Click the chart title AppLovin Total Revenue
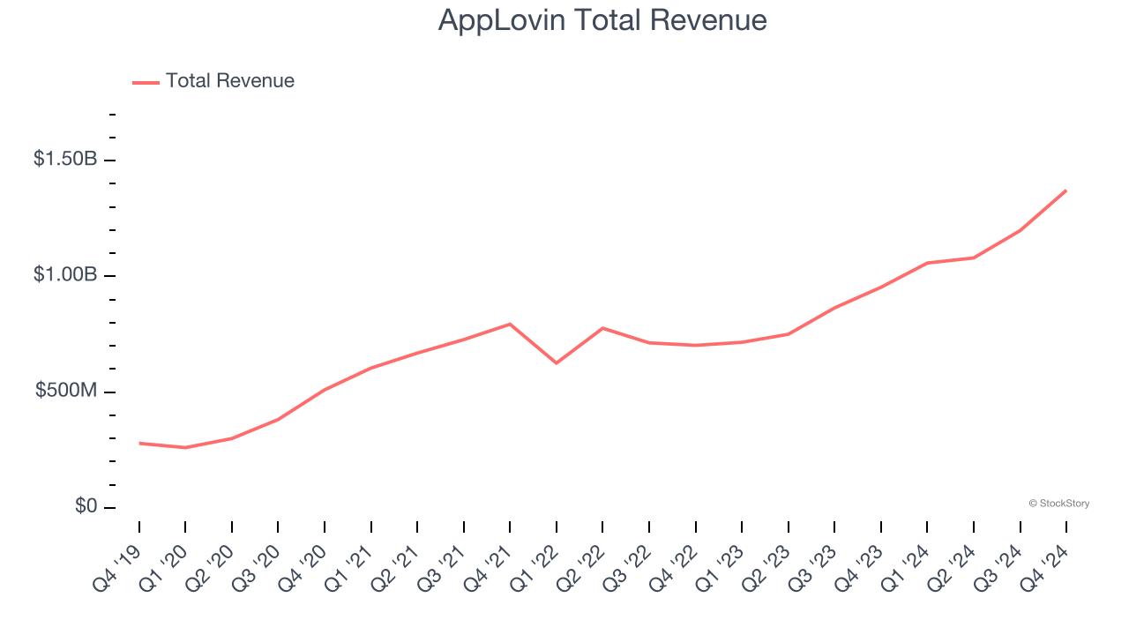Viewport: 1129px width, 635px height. click(602, 20)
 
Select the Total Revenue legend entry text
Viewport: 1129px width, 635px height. click(229, 81)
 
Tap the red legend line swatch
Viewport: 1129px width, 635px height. click(146, 82)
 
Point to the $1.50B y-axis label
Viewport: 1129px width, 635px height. click(64, 160)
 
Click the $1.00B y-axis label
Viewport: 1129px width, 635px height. click(64, 275)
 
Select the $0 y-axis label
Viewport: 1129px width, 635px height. click(84, 507)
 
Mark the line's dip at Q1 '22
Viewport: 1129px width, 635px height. click(557, 362)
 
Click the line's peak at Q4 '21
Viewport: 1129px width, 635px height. click(510, 324)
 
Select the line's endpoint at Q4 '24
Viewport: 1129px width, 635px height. click(1065, 190)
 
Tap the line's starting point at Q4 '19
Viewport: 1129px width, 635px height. click(139, 443)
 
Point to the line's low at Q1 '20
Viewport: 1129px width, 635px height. click(185, 447)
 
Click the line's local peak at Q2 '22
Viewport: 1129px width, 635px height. click(602, 328)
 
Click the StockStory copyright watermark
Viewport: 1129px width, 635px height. click(1058, 504)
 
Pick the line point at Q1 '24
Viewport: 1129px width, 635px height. click(927, 263)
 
